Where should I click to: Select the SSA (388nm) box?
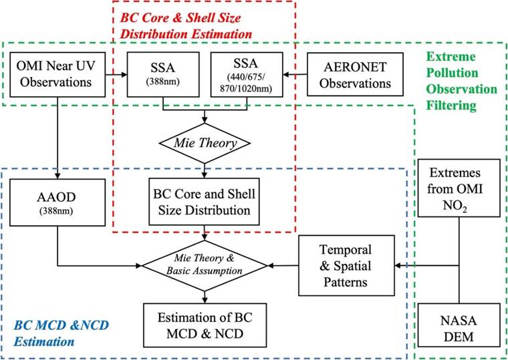[163, 75]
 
